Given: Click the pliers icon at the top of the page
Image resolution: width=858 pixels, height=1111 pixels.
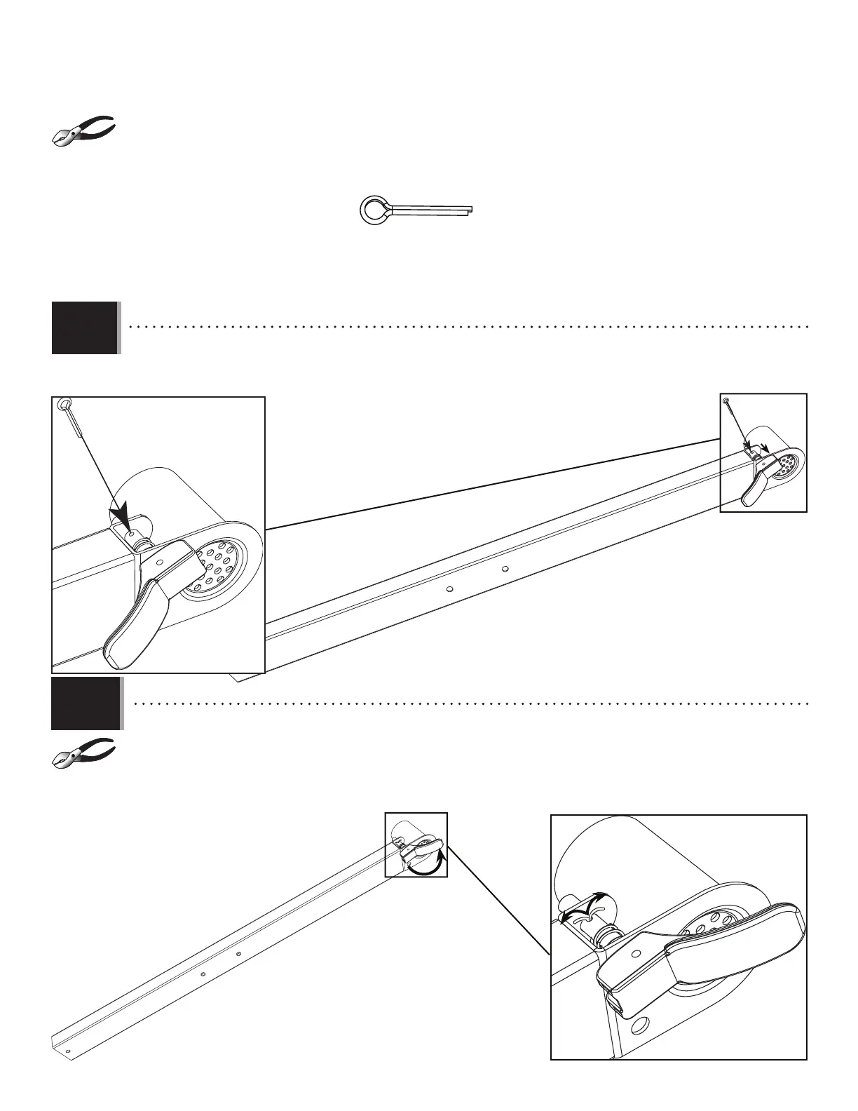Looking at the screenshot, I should pos(85,130).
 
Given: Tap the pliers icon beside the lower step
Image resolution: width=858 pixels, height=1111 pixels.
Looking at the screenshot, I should pos(85,753).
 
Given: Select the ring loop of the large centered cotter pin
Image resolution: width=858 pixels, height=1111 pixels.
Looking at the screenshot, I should pos(372,209).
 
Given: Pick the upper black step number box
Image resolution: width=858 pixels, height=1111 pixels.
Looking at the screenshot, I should pos(85,328).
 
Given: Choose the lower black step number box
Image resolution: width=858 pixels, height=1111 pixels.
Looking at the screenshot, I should pos(85,703).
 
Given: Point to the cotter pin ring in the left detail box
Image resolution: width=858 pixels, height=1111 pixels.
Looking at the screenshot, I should pos(65,405).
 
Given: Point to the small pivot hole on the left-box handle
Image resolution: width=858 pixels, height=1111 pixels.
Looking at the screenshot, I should pos(161,562).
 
